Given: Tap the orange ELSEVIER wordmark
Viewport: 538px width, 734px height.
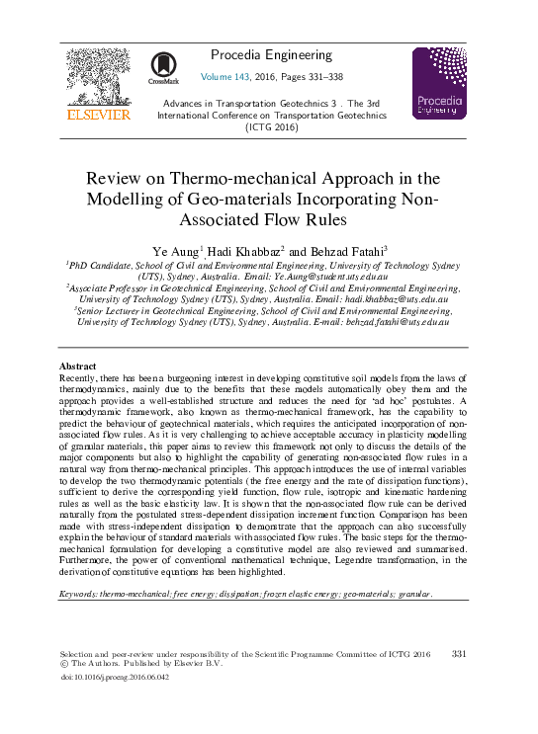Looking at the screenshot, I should [97, 116].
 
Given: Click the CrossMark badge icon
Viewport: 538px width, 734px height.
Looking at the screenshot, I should [164, 67].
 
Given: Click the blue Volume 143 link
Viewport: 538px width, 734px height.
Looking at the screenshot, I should [227, 76].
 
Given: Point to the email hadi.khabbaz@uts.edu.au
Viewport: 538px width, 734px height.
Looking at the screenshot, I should [393, 297].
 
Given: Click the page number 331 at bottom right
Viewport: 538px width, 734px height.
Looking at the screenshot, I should [458, 654].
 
